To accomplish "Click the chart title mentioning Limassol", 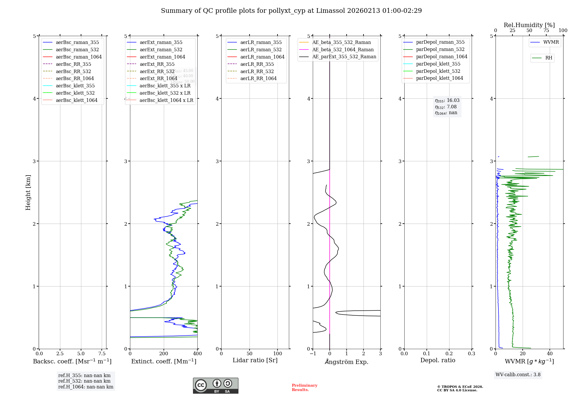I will coord(291,11).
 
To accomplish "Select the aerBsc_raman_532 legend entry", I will coord(77,50).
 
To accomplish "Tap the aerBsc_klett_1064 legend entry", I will coord(76,100).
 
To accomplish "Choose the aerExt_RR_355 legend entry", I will coord(157,64).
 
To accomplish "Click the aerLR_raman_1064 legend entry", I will coord(262,57).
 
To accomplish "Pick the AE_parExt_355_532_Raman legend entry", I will coord(344,57).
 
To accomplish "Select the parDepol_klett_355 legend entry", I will coord(438,64).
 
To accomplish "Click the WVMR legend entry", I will coord(551,42).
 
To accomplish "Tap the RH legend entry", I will coord(549,58).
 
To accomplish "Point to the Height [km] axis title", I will coord(28,192).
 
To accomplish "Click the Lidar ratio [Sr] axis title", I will coord(255,360).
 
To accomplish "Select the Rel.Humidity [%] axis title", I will coord(529,25).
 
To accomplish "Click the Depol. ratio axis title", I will coord(438,360).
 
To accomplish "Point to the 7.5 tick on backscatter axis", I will coord(102,354).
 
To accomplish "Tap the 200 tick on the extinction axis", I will coord(164,354).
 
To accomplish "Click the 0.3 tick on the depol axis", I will coord(471,354).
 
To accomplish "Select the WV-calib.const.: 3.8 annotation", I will coord(518,375).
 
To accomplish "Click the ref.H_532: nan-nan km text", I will coord(84,381).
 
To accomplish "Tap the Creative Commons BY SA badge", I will coord(215,386).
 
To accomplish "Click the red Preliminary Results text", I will coord(304,388).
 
